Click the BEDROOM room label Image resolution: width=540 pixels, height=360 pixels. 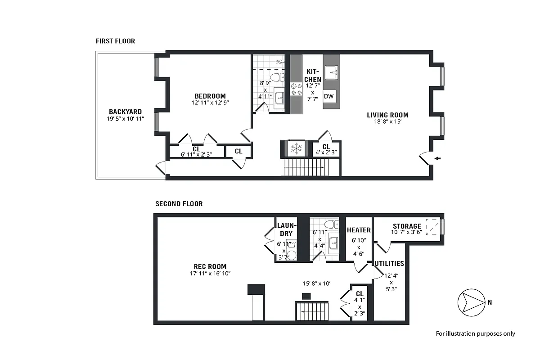click(x=210, y=96)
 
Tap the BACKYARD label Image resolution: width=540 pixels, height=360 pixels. click(x=125, y=112)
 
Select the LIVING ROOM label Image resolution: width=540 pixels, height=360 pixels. click(x=387, y=115)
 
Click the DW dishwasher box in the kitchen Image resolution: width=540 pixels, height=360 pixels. click(x=329, y=96)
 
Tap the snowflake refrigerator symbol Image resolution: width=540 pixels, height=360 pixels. click(x=296, y=148)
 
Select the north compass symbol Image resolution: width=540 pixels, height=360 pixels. click(x=469, y=302)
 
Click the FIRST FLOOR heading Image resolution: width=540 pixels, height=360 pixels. click(x=115, y=41)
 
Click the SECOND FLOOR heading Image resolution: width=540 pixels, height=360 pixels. click(x=179, y=204)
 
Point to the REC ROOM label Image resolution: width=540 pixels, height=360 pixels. click(x=210, y=266)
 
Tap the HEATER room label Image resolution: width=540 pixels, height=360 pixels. click(x=359, y=230)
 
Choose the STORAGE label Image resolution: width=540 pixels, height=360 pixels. click(x=407, y=226)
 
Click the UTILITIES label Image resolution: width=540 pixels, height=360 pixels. click(x=389, y=263)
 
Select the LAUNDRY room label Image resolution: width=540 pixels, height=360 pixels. click(x=286, y=229)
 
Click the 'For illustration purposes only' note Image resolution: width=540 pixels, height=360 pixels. click(x=475, y=333)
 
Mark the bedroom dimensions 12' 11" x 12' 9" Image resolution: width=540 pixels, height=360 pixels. click(x=210, y=103)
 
